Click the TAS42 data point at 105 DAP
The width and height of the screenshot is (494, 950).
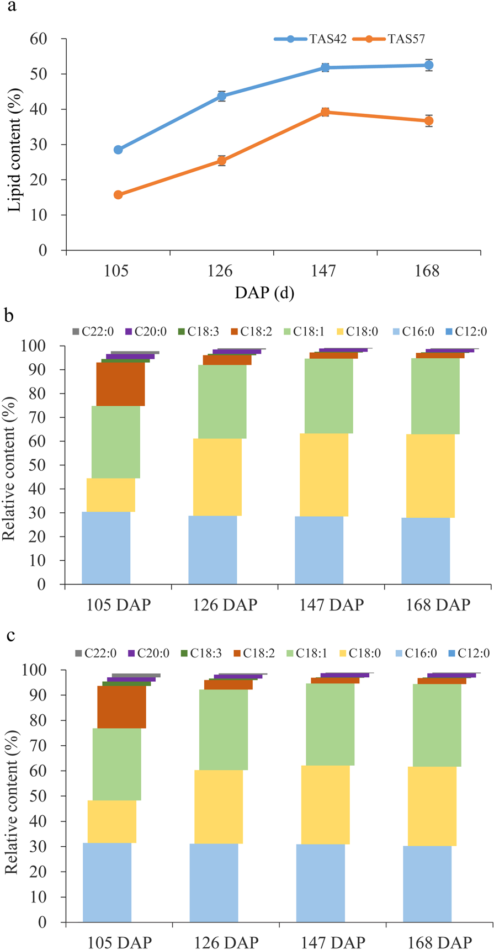coord(118,150)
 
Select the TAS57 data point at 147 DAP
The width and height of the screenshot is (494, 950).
coord(325,112)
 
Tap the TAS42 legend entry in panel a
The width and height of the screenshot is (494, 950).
coord(312,39)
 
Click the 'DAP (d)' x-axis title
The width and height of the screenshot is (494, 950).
coord(264,293)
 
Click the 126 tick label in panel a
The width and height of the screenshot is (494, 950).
coord(220,271)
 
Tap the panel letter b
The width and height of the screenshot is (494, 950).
coord(9,317)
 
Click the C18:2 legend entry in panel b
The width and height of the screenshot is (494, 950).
coord(253,332)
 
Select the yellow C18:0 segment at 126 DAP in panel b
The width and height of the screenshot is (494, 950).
coord(217,477)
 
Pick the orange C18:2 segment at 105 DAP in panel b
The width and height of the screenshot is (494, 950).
coord(120,384)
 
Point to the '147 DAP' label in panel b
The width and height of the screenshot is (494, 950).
coord(331,604)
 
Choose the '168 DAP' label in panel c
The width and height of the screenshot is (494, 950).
coord(439,942)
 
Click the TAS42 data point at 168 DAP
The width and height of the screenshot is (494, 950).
coord(428,65)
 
